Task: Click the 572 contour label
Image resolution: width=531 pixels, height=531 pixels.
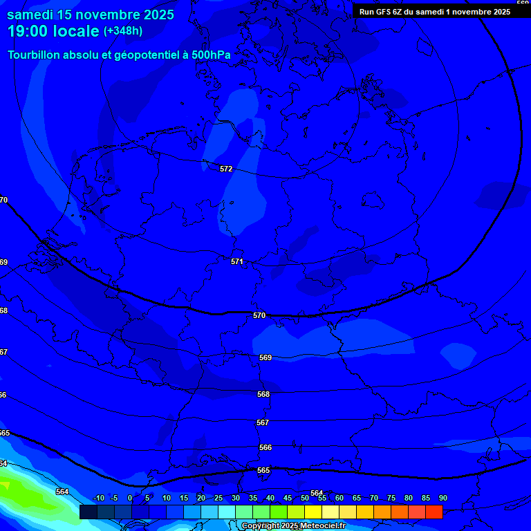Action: coord(226,169)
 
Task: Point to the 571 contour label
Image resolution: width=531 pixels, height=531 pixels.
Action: coord(237,261)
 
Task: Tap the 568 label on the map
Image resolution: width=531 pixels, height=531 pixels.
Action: coord(263,394)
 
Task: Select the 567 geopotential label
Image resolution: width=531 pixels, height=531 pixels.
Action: coord(263,422)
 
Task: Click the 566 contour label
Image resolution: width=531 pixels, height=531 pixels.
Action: coord(265,447)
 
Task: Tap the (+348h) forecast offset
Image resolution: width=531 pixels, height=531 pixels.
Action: coord(123,31)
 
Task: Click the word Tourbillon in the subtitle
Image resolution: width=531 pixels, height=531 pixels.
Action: coord(35,55)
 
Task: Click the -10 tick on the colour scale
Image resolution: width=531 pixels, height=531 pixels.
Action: coord(98,499)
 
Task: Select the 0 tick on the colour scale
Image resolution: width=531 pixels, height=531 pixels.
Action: coord(131,499)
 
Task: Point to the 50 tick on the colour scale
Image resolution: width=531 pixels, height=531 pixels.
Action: coord(305,499)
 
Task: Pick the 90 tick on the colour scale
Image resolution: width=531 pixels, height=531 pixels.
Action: coord(443,499)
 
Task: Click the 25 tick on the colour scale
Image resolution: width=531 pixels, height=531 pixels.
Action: coord(218,499)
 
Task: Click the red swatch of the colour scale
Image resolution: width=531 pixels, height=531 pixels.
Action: coord(434,512)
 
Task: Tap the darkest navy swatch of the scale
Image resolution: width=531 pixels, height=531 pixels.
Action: coord(88,512)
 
